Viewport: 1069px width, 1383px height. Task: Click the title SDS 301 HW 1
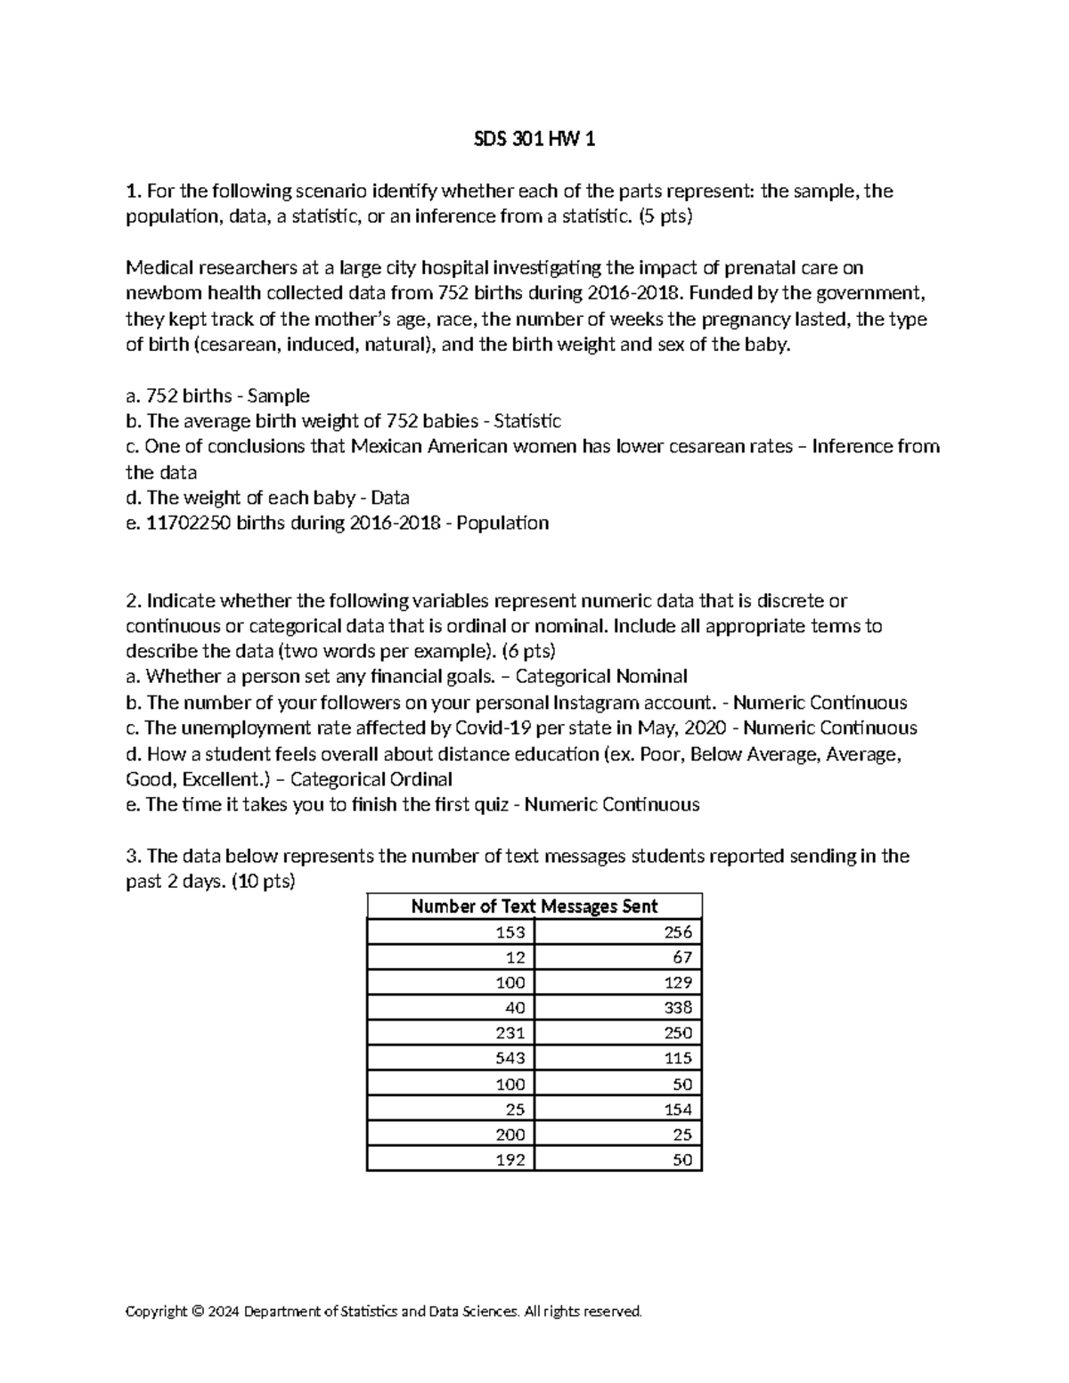[534, 140]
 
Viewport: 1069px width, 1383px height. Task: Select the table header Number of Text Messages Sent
[534, 907]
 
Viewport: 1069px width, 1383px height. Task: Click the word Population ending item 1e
[507, 524]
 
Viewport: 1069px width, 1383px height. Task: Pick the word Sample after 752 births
[278, 396]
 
